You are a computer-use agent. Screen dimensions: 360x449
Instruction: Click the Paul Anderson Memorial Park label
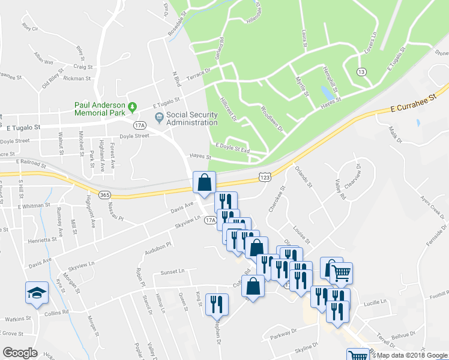(x=99, y=108)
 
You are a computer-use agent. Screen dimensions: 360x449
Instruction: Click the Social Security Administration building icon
(x=159, y=116)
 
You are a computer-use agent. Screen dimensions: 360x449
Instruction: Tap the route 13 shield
(x=361, y=72)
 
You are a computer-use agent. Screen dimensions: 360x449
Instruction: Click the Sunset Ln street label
(x=173, y=272)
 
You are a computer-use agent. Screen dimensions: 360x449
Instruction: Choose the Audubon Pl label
(x=160, y=248)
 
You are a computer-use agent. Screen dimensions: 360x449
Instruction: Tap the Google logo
(x=20, y=353)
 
